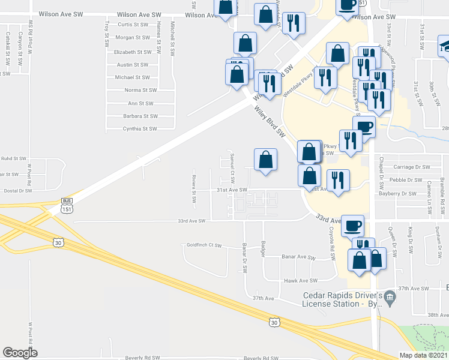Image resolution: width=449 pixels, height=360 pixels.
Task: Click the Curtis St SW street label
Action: click(133, 25)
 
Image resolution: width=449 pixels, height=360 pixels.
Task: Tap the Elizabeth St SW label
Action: click(133, 52)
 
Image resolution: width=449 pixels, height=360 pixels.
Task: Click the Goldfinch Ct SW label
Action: click(205, 246)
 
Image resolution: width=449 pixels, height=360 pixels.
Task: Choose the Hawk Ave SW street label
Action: click(300, 281)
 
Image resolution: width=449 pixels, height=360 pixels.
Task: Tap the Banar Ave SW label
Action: click(298, 257)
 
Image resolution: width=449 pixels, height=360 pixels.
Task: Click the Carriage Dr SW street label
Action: click(411, 167)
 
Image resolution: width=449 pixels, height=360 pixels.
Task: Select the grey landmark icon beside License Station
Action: click(390, 296)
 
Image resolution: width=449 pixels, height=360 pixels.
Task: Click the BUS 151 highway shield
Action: click(66, 206)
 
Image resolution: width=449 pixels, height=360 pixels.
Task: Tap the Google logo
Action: click(20, 353)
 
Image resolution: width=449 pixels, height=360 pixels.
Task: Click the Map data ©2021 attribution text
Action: click(423, 355)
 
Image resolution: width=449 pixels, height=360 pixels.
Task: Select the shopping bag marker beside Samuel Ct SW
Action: click(266, 160)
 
